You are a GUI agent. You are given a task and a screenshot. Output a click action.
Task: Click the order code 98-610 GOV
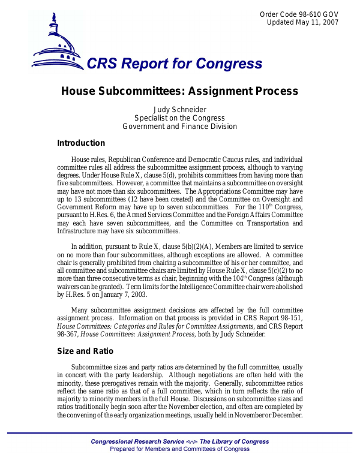299,14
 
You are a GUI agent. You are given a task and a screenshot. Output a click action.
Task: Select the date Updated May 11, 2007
302,22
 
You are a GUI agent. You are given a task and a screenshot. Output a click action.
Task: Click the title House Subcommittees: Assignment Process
179,91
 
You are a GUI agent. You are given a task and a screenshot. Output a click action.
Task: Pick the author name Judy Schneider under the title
179,109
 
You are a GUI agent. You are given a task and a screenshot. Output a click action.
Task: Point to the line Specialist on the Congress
179,118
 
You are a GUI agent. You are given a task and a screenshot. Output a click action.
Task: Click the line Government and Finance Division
179,127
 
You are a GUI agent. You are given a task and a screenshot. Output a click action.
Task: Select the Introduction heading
81,143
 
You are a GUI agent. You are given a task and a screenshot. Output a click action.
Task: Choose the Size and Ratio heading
85,351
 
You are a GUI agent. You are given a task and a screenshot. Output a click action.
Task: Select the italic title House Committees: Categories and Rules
156,325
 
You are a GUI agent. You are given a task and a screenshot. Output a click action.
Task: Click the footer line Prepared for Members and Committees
180,449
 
